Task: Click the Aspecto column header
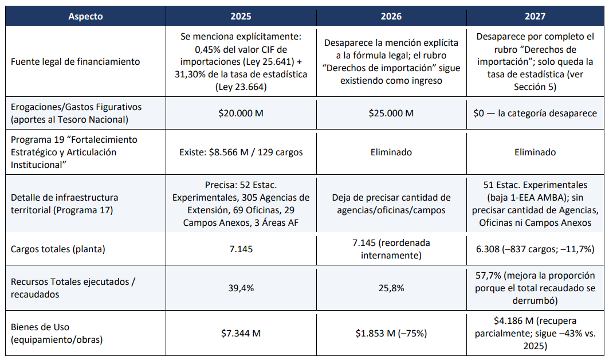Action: [x=85, y=16]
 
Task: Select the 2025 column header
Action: [x=241, y=16]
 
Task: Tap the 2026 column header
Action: [x=391, y=16]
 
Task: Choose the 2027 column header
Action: [x=535, y=16]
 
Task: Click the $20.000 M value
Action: [x=241, y=113]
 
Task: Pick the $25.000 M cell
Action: [x=391, y=113]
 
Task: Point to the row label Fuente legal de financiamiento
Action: [x=76, y=62]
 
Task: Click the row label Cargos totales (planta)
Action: [x=58, y=249]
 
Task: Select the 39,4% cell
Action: [x=241, y=288]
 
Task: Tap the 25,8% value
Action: [x=391, y=288]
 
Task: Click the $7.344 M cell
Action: [x=241, y=333]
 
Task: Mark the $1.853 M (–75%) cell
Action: [x=391, y=333]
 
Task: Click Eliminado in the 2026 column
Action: [x=391, y=152]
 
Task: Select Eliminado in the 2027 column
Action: [x=535, y=152]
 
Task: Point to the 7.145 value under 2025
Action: [x=241, y=249]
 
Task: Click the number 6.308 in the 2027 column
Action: [x=488, y=249]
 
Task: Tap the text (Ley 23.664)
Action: [x=241, y=87]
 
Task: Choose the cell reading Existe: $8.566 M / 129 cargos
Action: [x=241, y=152]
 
